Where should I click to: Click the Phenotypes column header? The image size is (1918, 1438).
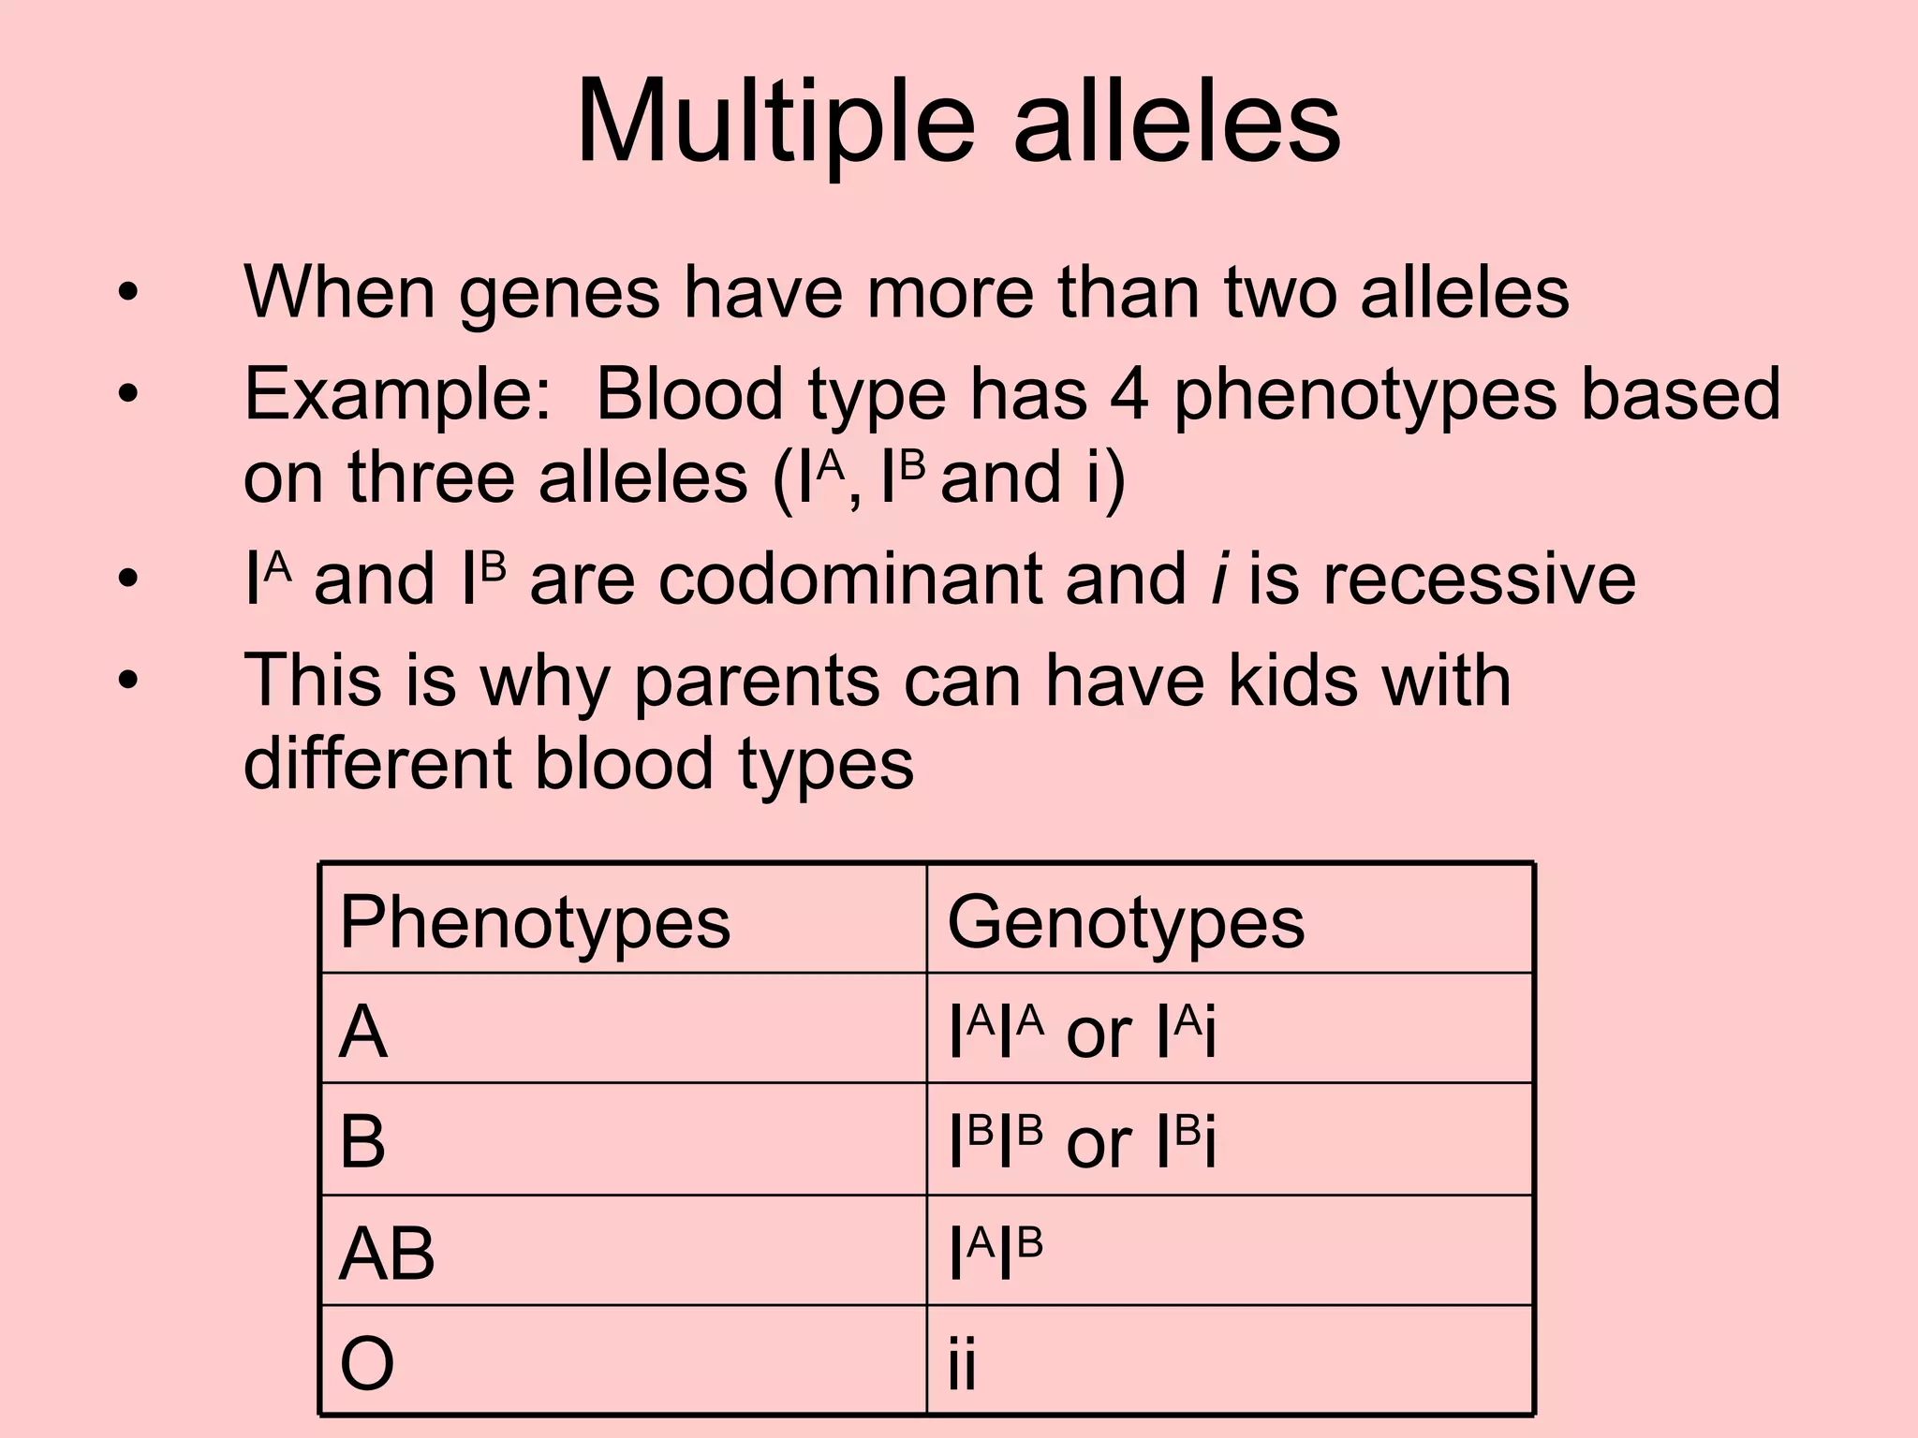click(535, 922)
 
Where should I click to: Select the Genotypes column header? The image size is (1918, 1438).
click(1125, 922)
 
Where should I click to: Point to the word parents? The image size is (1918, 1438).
click(757, 681)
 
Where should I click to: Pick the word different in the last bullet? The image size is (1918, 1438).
click(377, 762)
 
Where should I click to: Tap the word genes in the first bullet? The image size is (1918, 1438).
click(559, 294)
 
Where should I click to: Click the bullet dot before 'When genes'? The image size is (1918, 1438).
click(127, 294)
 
